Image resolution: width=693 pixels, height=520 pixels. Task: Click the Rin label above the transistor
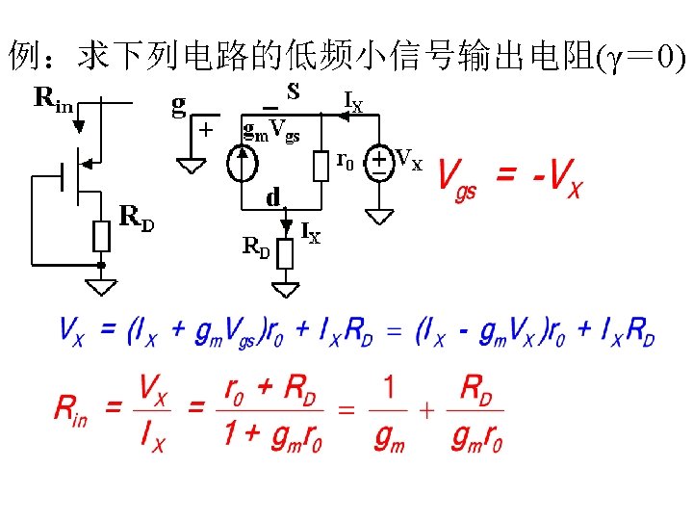(54, 97)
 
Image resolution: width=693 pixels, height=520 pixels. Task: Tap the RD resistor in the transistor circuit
(101, 236)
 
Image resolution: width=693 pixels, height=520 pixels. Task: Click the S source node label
(293, 91)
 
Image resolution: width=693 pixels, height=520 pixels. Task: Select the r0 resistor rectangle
(321, 166)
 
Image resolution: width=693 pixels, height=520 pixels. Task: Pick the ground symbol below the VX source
(380, 217)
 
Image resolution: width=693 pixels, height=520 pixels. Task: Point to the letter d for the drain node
(273, 198)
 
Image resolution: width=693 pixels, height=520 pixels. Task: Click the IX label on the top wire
(353, 99)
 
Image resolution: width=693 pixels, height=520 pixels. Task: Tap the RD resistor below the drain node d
(284, 254)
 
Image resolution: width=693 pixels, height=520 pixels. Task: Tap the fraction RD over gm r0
(477, 412)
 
